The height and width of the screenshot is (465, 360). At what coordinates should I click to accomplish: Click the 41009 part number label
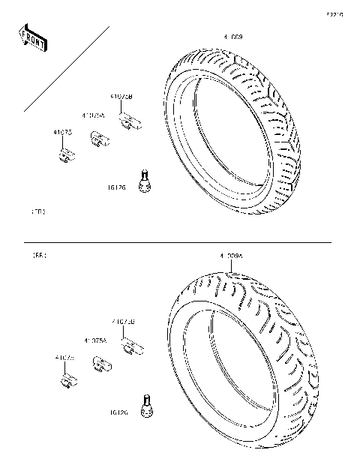coord(232,36)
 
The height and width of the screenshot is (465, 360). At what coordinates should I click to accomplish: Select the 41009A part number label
coord(231,257)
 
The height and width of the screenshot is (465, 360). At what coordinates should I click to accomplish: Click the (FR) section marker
coord(38,212)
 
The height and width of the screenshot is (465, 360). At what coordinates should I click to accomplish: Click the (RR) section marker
coord(38,256)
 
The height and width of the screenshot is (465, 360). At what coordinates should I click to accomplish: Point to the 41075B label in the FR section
coord(121,97)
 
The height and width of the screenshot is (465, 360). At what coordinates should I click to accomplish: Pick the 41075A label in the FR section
coord(94,115)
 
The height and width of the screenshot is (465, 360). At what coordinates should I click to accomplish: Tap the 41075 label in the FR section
coord(62,133)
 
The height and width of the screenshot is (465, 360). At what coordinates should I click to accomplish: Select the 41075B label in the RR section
coord(123,322)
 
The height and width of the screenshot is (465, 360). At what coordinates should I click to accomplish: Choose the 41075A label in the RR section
coord(95,340)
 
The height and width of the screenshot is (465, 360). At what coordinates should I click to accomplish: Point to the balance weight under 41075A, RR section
coord(100,364)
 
